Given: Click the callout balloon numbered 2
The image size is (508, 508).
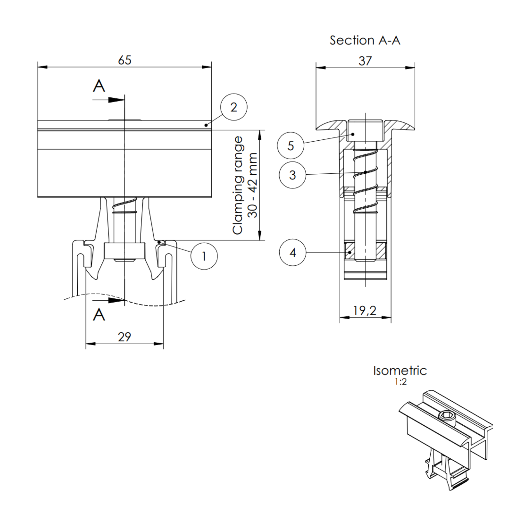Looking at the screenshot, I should coord(234,107).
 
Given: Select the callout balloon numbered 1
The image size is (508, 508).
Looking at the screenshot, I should coord(204,256).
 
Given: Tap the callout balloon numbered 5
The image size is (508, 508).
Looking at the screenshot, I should coord(290,146).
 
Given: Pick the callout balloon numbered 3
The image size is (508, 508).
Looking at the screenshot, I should coord(292,175).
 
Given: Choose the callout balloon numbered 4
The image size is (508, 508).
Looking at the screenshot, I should coord(292,253).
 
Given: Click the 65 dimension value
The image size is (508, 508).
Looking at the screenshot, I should coord(125,60).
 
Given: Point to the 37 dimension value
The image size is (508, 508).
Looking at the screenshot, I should coord(365,61).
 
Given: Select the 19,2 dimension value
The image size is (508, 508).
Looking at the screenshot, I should coord(365,311).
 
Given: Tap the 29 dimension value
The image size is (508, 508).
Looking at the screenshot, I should coord(124,337).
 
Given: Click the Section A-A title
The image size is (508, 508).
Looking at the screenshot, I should coord(365,40).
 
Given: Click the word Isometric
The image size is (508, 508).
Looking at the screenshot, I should coord(400,371).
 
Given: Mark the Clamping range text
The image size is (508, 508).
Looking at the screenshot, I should coord(237,185).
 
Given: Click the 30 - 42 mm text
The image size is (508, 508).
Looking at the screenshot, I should coord(253,185).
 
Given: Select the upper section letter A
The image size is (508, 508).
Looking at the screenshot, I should coord(99,86).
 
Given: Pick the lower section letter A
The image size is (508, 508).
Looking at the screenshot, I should coord(99,315).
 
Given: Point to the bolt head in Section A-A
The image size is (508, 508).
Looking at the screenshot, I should coord(365,131).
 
